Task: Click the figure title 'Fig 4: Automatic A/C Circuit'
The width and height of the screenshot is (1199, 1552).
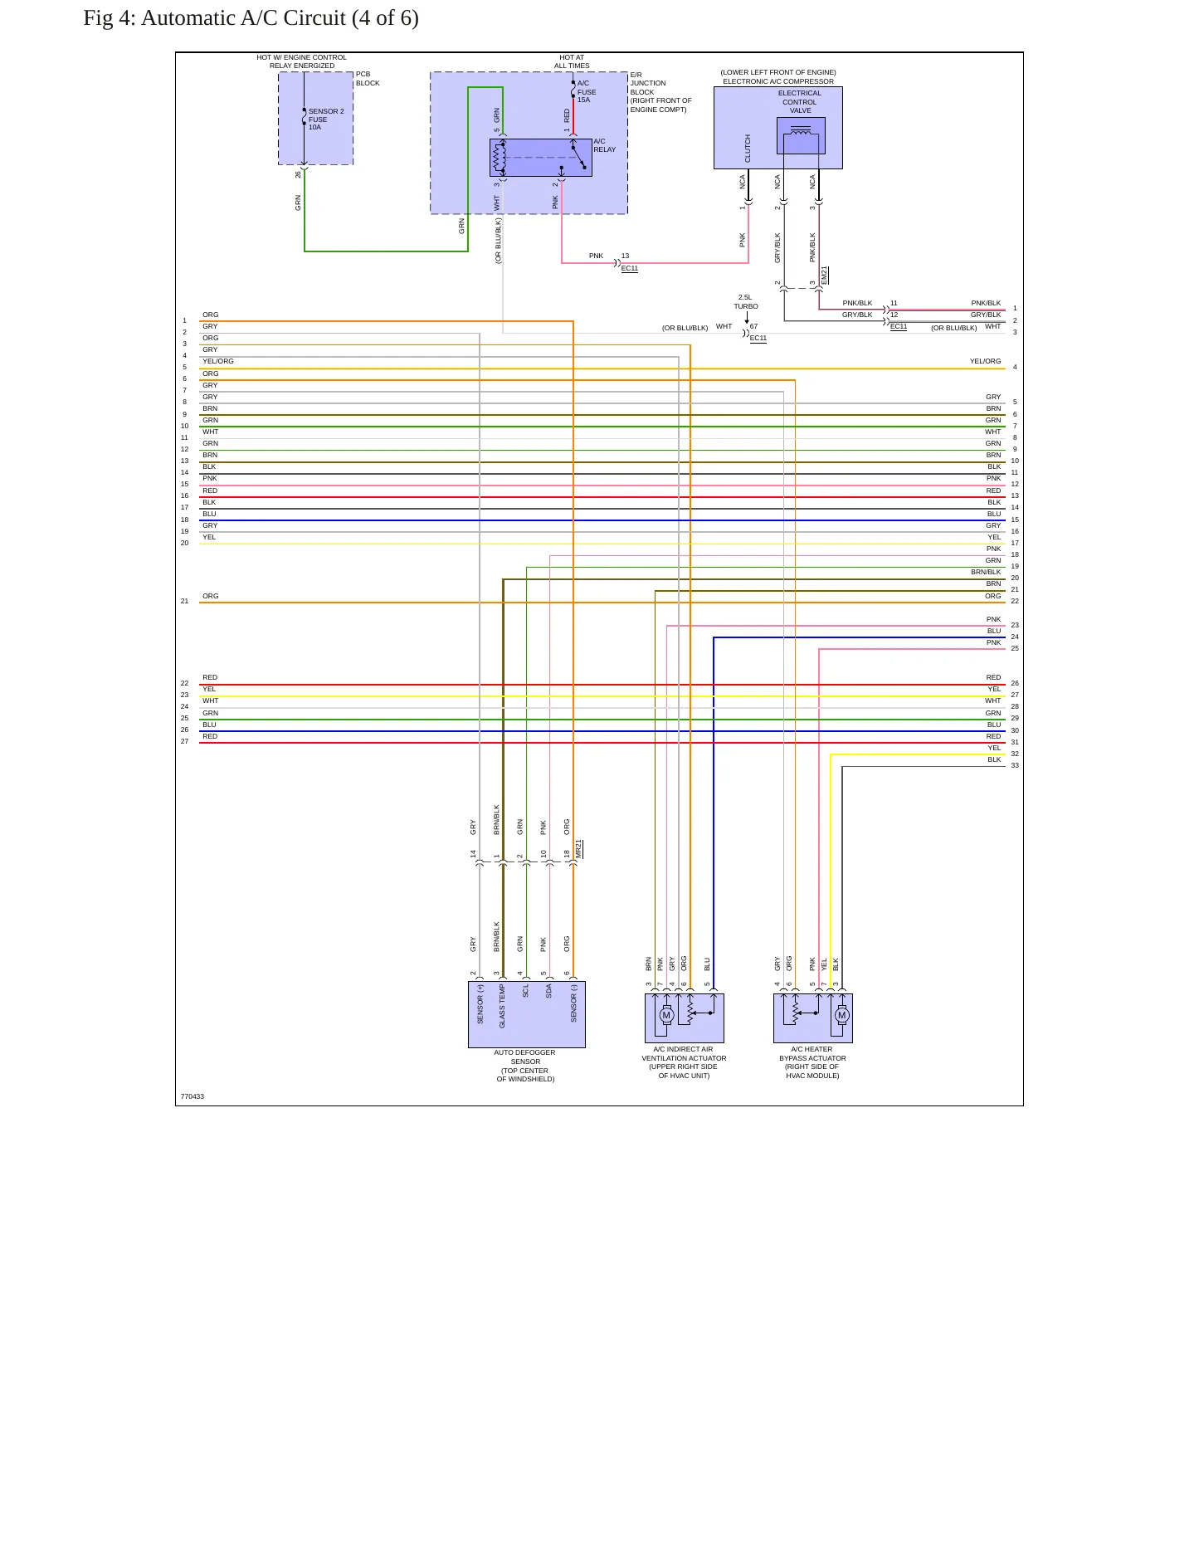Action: coord(214,18)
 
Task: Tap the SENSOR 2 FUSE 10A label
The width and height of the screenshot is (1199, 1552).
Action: coord(326,120)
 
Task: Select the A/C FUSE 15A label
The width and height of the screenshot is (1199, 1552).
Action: coord(587,91)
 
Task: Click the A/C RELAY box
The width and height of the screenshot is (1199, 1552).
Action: coord(541,158)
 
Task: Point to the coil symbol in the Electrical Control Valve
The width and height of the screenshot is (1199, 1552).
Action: coord(801,130)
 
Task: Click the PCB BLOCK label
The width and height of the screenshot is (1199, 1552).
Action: coord(368,79)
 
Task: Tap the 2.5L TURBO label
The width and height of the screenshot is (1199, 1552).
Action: coord(745,301)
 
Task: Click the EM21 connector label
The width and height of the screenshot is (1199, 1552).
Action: coord(824,276)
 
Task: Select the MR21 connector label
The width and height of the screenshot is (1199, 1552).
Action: coord(579,849)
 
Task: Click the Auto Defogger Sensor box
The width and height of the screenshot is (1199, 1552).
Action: coord(527,1014)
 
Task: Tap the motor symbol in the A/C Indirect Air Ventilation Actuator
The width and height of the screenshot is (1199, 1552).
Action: coord(665,1016)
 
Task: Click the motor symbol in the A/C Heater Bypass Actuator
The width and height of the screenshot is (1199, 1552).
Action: coord(841,1016)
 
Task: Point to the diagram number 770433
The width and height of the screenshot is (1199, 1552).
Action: coord(193,1096)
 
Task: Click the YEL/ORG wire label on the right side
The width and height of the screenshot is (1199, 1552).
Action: coord(985,361)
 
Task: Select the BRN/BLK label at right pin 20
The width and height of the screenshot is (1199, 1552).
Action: coord(986,572)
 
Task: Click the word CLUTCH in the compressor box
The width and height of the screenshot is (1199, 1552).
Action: coord(748,149)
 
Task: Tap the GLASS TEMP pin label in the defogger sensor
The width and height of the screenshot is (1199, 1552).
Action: coord(502,1006)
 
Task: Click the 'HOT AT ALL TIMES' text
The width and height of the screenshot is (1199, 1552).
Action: coord(572,61)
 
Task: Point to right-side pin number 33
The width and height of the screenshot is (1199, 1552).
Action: coord(1015,765)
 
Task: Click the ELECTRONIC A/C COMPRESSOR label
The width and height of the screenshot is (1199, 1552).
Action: coord(778,81)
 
